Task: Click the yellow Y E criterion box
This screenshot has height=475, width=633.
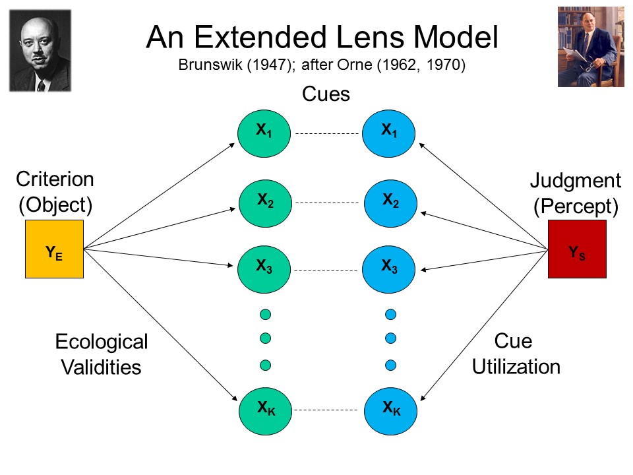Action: [x=54, y=249]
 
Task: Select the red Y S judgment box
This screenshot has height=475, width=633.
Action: [x=577, y=249]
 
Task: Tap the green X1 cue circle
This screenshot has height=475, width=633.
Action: [x=264, y=133]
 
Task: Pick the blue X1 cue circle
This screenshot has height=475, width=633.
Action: [x=389, y=132]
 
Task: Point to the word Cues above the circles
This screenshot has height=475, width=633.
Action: [x=325, y=94]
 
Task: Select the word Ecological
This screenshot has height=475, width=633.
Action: [x=102, y=342]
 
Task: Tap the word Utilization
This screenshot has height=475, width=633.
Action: [x=516, y=367]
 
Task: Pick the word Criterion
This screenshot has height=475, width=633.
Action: [x=55, y=179]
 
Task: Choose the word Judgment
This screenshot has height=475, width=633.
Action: [x=576, y=180]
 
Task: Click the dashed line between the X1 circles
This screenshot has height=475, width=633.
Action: [x=326, y=133]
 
